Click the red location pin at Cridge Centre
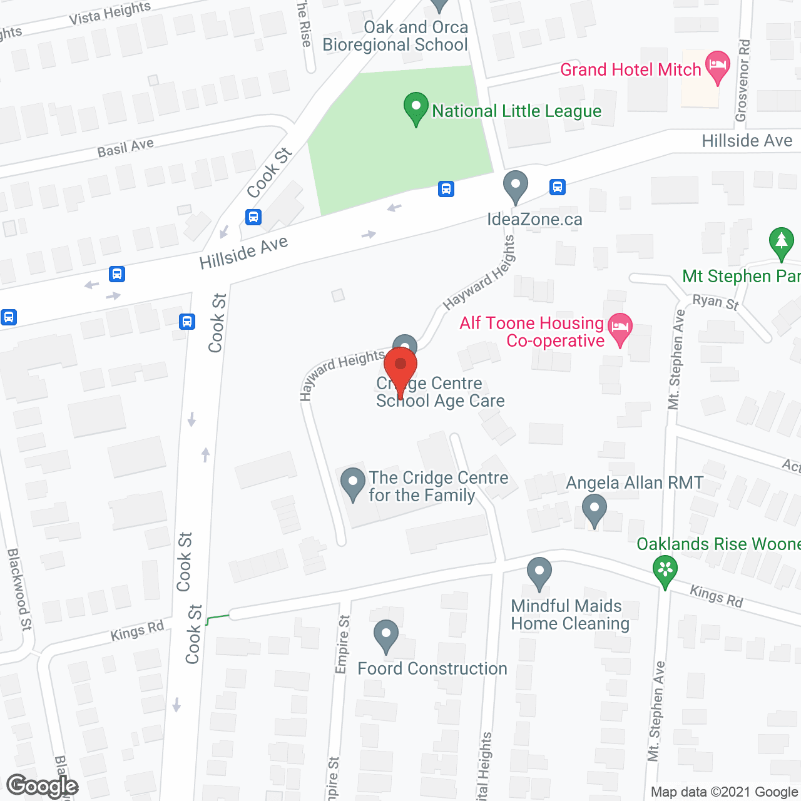pos(400,369)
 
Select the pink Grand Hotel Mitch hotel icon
pos(718,66)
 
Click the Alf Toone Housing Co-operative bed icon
pos(620,329)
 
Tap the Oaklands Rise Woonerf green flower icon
pos(665,570)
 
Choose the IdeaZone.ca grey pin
pos(516,186)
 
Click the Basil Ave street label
pos(125,148)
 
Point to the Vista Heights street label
pos(110,13)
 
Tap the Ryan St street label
pos(715,302)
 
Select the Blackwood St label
pos(19,589)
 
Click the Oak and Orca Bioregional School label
pos(395,36)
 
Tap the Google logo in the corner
pos(42,786)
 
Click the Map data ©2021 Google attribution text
pos(725,792)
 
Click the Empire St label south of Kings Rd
pos(342,645)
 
